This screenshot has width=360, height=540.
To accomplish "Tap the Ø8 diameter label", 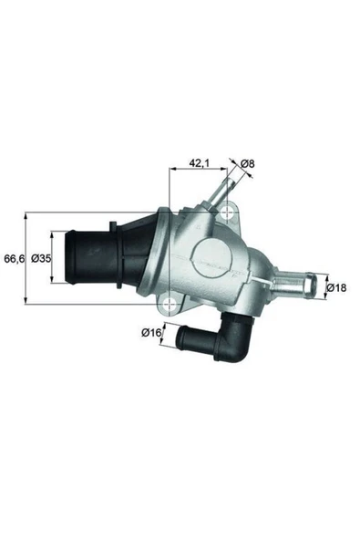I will (x=248, y=164).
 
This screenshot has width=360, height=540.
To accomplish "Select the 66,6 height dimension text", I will (x=13, y=259).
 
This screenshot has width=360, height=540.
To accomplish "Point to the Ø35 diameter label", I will (x=40, y=259).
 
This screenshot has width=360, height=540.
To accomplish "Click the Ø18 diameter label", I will (x=337, y=288).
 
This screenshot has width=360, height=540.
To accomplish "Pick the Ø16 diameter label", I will (x=151, y=333).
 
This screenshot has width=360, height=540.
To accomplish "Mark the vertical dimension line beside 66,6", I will (x=26, y=259).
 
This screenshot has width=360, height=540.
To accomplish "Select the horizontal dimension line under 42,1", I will (x=201, y=171).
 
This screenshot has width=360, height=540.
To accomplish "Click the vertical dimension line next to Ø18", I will (x=325, y=287).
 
